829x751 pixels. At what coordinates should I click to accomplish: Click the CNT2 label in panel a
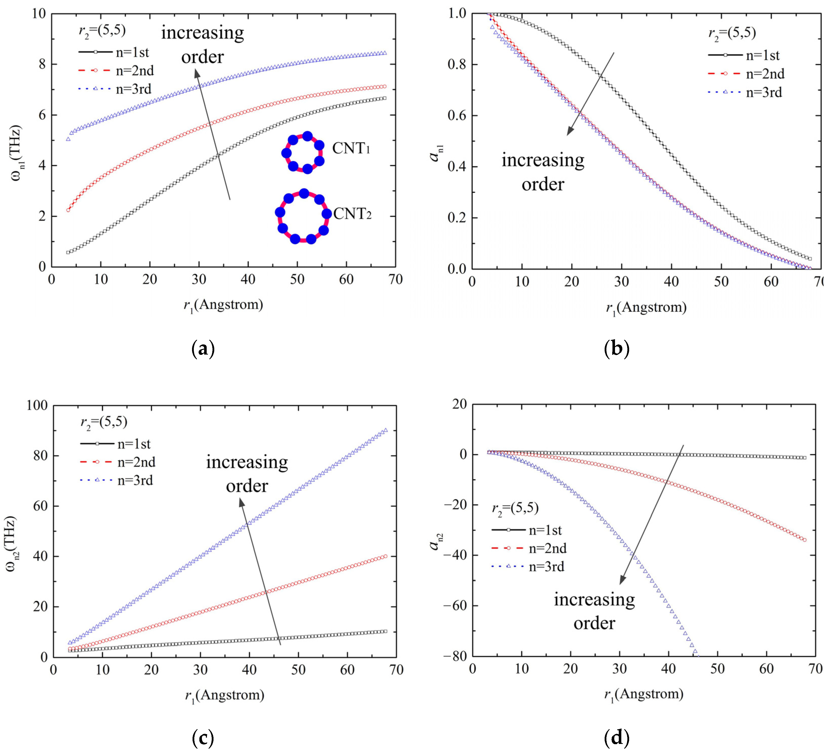(x=352, y=214)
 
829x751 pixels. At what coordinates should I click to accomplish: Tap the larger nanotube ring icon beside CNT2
(x=303, y=216)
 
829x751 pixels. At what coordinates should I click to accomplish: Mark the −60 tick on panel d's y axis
(x=455, y=606)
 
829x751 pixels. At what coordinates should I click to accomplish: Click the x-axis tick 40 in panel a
(x=248, y=280)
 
